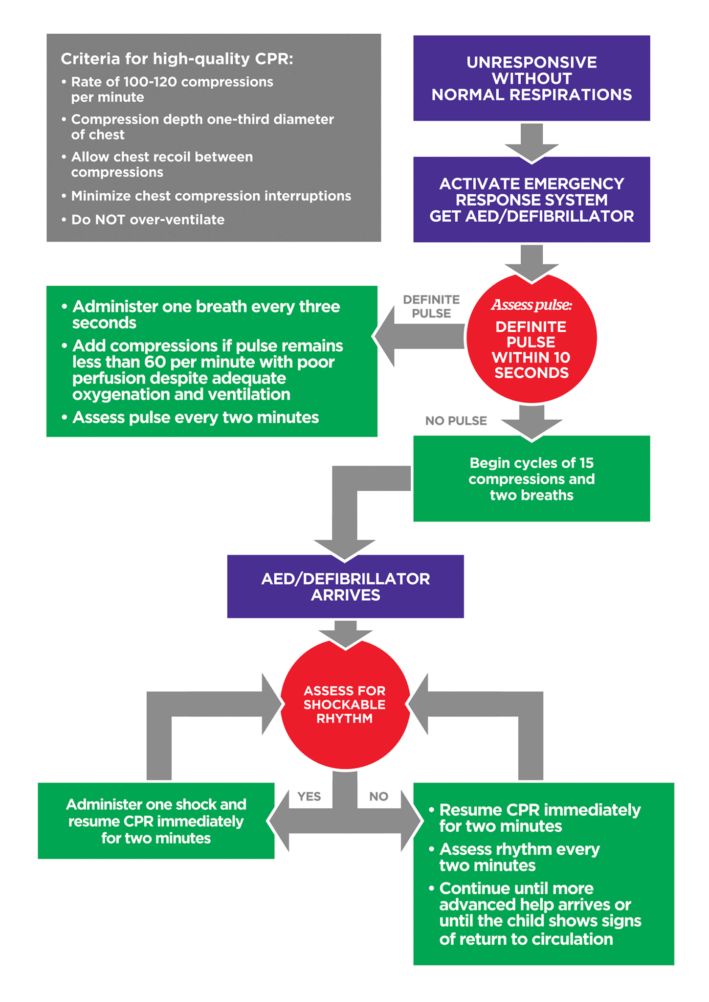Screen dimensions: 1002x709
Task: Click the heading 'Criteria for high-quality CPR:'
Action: (177, 59)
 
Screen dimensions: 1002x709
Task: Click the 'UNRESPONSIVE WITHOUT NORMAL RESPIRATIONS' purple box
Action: (532, 78)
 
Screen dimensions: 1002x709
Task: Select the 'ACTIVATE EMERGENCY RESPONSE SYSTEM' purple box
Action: (532, 200)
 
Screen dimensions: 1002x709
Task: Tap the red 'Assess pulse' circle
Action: (532, 339)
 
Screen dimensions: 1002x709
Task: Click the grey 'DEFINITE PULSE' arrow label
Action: (431, 306)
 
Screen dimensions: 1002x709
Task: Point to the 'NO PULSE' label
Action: (456, 421)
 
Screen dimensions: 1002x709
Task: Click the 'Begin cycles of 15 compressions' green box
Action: (532, 478)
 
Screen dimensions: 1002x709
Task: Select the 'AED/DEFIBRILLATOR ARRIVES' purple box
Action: (345, 587)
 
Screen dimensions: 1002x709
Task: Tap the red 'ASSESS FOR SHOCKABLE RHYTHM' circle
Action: (345, 705)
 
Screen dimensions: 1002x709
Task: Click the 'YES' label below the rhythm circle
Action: (309, 797)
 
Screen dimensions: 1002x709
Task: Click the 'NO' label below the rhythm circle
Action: (378, 797)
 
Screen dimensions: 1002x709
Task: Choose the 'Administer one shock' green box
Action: (156, 821)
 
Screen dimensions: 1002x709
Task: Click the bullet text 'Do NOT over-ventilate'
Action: (148, 220)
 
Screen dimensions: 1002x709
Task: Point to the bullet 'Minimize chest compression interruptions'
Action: (211, 196)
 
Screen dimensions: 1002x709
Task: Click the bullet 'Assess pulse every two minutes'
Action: (195, 417)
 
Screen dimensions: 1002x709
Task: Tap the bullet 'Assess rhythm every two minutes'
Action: (519, 857)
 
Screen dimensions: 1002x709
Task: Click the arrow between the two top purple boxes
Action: (532, 142)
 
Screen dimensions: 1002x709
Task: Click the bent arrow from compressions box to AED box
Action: (345, 509)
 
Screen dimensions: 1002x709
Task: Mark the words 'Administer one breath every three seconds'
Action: (205, 314)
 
